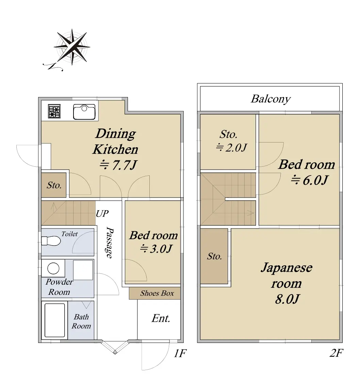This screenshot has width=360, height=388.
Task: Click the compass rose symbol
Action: tap(72, 47)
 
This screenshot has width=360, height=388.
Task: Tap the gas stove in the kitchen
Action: tap(54, 111)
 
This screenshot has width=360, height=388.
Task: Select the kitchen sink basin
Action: tap(84, 112)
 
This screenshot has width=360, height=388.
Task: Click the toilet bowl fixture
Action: tap(51, 241)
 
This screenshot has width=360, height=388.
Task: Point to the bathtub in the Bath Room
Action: tap(54, 320)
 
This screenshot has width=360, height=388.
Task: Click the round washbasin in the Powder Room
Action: tap(53, 268)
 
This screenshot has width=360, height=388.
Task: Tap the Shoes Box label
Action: tap(157, 293)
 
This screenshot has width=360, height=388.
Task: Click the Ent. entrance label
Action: tap(161, 319)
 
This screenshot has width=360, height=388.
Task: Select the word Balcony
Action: tap(271, 99)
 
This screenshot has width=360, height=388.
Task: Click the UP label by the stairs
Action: tap(102, 214)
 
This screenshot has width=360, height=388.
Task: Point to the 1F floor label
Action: tap(180, 353)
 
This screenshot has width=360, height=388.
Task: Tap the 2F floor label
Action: tap(336, 353)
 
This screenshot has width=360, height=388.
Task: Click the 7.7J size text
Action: tap(124, 165)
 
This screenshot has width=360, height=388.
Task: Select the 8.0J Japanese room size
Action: tap(287, 299)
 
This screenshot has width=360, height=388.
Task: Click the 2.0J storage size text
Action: tap(236, 148)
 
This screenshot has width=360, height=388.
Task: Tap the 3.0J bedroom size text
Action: tap(161, 249)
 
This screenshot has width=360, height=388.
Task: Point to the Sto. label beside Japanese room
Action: tap(214, 256)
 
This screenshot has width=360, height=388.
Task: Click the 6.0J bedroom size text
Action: tap(315, 180)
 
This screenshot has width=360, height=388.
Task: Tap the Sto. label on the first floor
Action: tap(54, 185)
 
